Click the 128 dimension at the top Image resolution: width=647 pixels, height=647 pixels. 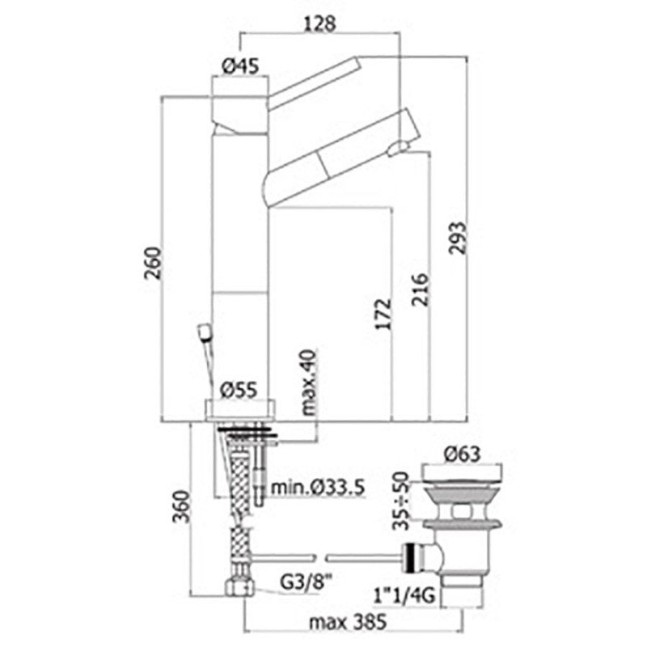tap(319, 24)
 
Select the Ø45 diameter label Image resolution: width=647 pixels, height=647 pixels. tap(240, 66)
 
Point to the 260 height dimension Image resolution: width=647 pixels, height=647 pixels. tap(153, 263)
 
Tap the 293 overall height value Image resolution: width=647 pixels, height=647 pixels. tap(457, 238)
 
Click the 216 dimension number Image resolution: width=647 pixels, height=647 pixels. tap(420, 290)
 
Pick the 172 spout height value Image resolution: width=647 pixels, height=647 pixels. tap(383, 314)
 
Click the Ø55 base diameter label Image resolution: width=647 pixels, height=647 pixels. tap(239, 389)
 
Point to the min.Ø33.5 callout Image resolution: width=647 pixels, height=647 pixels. tap(318, 488)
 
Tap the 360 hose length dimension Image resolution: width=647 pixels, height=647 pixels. tap(181, 506)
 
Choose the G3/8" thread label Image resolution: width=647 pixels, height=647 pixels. tap(307, 582)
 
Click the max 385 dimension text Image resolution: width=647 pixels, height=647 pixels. tap(349, 622)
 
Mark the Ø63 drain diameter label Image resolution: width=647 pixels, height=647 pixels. tap(462, 454)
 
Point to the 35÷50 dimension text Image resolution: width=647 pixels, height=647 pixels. tap(400, 501)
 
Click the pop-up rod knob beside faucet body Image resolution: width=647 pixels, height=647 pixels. tap(205, 332)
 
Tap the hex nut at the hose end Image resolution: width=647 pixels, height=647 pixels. tap(239, 586)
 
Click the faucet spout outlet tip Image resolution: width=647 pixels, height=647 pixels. tap(398, 148)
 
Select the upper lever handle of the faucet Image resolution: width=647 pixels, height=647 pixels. tap(315, 82)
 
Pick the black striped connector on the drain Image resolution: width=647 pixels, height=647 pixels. tap(411, 558)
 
